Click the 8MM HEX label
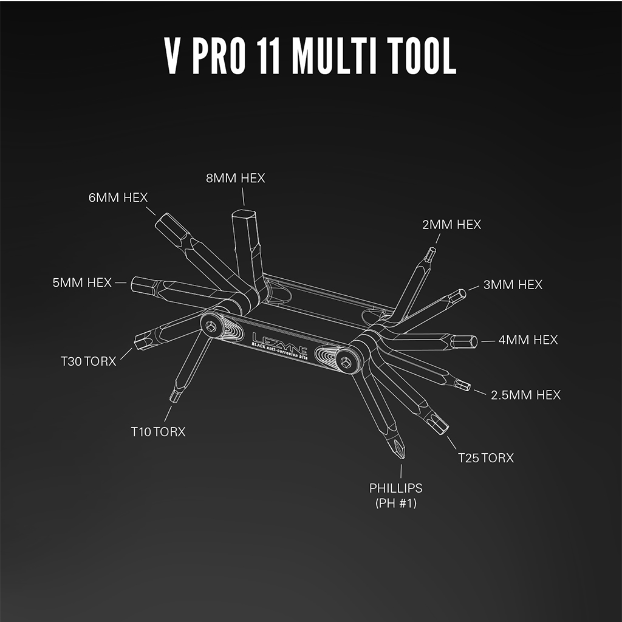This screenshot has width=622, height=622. point(235,178)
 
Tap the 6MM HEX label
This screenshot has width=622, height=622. point(118,197)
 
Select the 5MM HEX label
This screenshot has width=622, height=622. point(82,282)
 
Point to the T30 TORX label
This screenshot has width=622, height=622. point(88,361)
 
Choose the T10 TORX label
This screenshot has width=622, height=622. point(158,432)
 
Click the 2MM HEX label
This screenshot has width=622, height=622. point(451,225)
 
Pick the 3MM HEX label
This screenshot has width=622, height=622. point(513,284)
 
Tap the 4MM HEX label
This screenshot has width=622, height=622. point(528,340)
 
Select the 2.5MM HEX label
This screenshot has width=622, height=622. point(525,395)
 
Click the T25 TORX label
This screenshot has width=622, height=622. point(485,458)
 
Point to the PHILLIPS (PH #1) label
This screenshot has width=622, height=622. point(396,496)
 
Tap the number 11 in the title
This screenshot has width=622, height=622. point(270,55)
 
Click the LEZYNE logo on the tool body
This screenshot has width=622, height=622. point(279,343)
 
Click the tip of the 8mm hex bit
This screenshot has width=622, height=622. point(244,214)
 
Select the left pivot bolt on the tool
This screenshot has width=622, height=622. point(211,326)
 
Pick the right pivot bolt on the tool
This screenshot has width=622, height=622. point(346,361)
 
